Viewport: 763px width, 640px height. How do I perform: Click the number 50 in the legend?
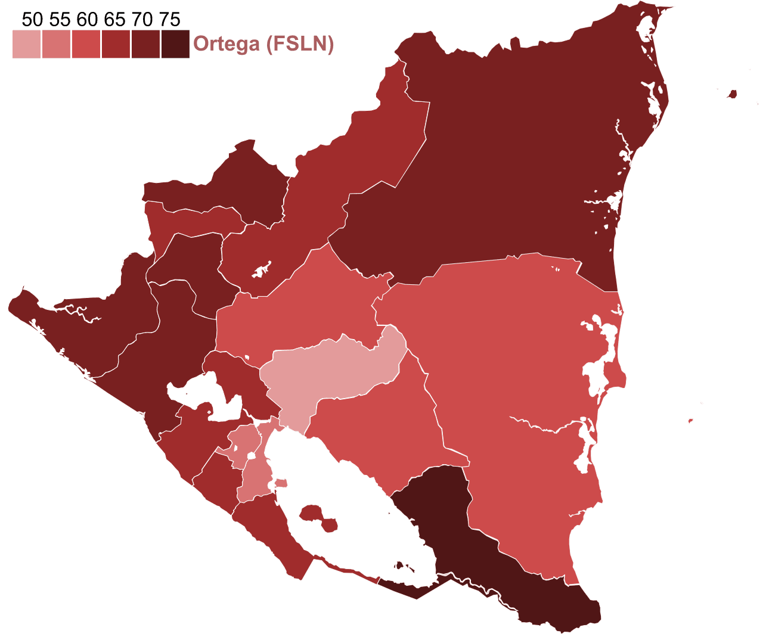[x=32, y=20]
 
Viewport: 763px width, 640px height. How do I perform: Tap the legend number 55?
[x=60, y=20]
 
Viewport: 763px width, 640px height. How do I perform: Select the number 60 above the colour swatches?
[x=87, y=20]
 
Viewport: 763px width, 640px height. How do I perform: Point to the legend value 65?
[x=114, y=20]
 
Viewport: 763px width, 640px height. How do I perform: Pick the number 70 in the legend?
[x=142, y=20]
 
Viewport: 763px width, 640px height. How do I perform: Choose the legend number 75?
[x=170, y=20]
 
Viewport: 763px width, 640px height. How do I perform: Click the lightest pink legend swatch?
[x=26, y=44]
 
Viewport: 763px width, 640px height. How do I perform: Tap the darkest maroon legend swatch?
[x=175, y=44]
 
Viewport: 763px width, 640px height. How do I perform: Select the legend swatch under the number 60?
[x=86, y=44]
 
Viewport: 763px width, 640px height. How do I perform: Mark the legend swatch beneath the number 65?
[x=116, y=44]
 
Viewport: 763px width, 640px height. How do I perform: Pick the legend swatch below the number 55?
[x=56, y=44]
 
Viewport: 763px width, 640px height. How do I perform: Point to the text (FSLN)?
[x=300, y=44]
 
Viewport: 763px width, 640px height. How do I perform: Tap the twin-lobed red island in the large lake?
[x=319, y=518]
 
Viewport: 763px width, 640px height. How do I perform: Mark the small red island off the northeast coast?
[x=732, y=94]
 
